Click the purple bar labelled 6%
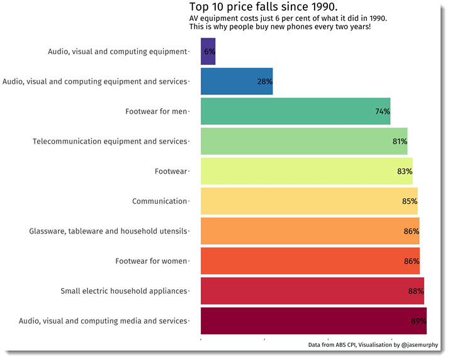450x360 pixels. click(x=208, y=52)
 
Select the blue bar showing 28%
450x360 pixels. click(x=236, y=81)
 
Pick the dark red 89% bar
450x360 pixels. click(x=313, y=321)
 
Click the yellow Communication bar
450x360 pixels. click(x=308, y=201)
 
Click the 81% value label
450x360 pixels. click(x=400, y=142)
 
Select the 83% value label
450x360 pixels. click(x=405, y=171)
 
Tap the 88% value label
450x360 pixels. click(x=416, y=291)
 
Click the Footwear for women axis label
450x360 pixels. click(x=151, y=261)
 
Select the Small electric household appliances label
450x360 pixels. click(x=124, y=291)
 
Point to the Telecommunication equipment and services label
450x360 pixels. click(x=110, y=142)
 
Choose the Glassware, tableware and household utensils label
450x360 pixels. click(x=108, y=232)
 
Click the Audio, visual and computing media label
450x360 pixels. click(x=103, y=321)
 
